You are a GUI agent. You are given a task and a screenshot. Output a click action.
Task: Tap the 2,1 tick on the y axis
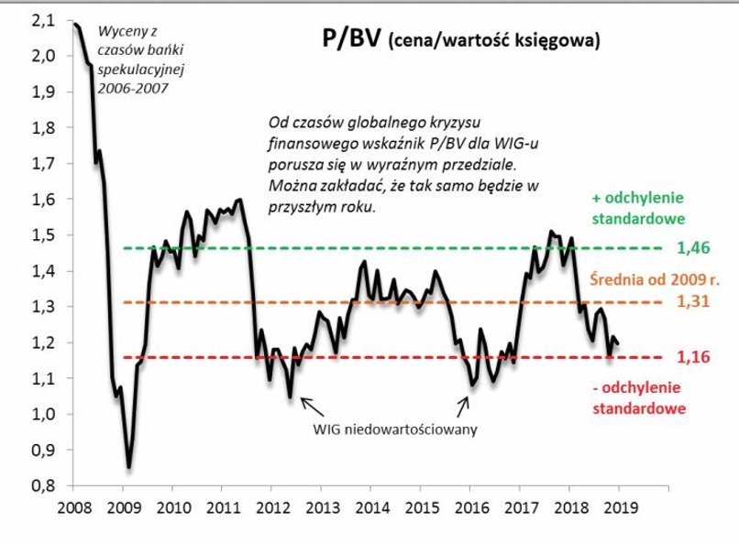click(42, 20)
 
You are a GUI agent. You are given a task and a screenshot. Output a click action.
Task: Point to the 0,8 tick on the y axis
click(42, 485)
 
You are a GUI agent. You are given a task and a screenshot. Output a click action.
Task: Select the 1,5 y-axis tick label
click(42, 235)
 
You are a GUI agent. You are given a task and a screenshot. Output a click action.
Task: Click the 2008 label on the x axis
click(74, 506)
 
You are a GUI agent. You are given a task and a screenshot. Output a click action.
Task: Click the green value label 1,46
click(694, 248)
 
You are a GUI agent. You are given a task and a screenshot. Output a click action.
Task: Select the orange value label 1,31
click(694, 302)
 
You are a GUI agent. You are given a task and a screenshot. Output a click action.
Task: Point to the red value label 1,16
click(694, 357)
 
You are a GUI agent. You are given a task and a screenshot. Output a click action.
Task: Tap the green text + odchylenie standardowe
click(637, 210)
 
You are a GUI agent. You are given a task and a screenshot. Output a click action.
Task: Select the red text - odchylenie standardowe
click(637, 398)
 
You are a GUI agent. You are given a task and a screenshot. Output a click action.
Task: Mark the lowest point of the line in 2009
click(128, 467)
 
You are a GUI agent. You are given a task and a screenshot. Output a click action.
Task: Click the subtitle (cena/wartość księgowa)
click(495, 41)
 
